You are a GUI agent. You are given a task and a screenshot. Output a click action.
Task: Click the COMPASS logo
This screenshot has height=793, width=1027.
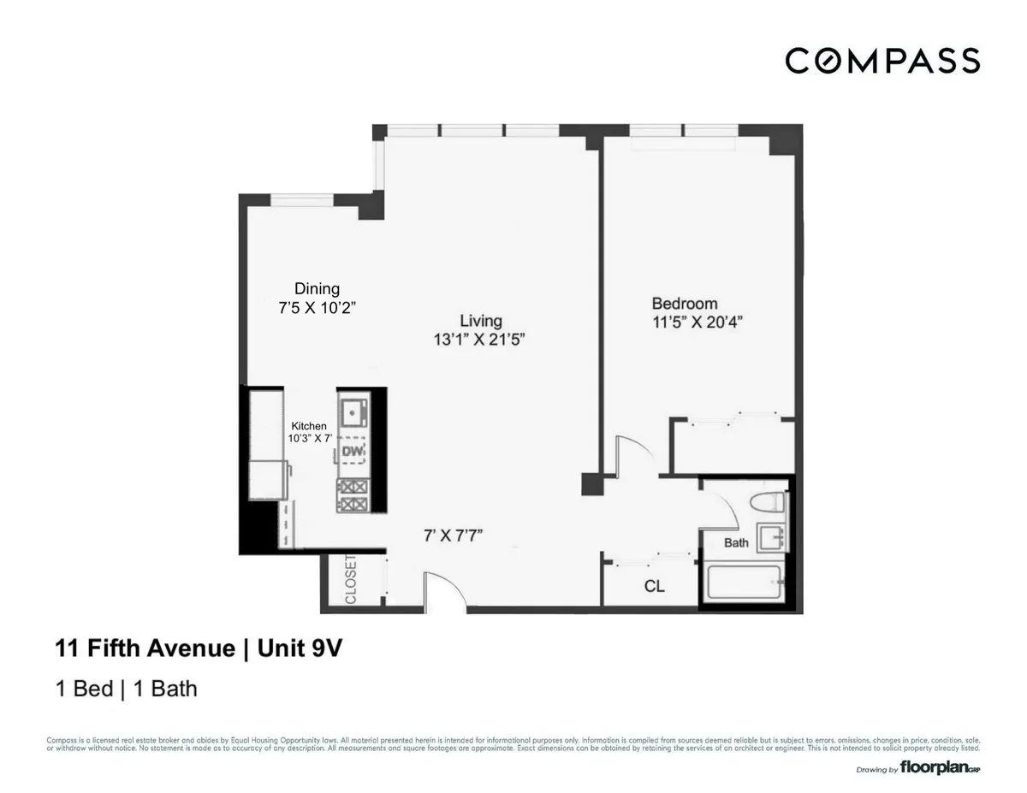pos(882,61)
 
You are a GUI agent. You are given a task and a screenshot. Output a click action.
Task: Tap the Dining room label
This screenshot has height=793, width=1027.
pos(317,289)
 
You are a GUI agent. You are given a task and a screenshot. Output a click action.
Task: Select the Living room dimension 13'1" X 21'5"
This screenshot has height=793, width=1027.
pos(479,339)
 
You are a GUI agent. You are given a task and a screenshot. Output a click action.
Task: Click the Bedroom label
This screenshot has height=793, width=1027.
pos(684,304)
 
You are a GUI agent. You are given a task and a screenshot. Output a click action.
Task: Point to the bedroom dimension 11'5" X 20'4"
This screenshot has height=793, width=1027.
pos(696,323)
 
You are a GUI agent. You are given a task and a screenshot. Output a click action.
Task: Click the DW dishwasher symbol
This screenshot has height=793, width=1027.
pos(353,451)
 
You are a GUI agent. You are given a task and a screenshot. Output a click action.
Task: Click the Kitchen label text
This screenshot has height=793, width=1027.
pos(308,425)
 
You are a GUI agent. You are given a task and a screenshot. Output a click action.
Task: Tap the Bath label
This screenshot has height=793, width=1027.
pos(736,542)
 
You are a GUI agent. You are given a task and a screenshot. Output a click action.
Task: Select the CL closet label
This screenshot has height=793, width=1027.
pos(654,588)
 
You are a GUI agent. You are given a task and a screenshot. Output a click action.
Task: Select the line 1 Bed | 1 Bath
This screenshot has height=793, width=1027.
pos(127,687)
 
